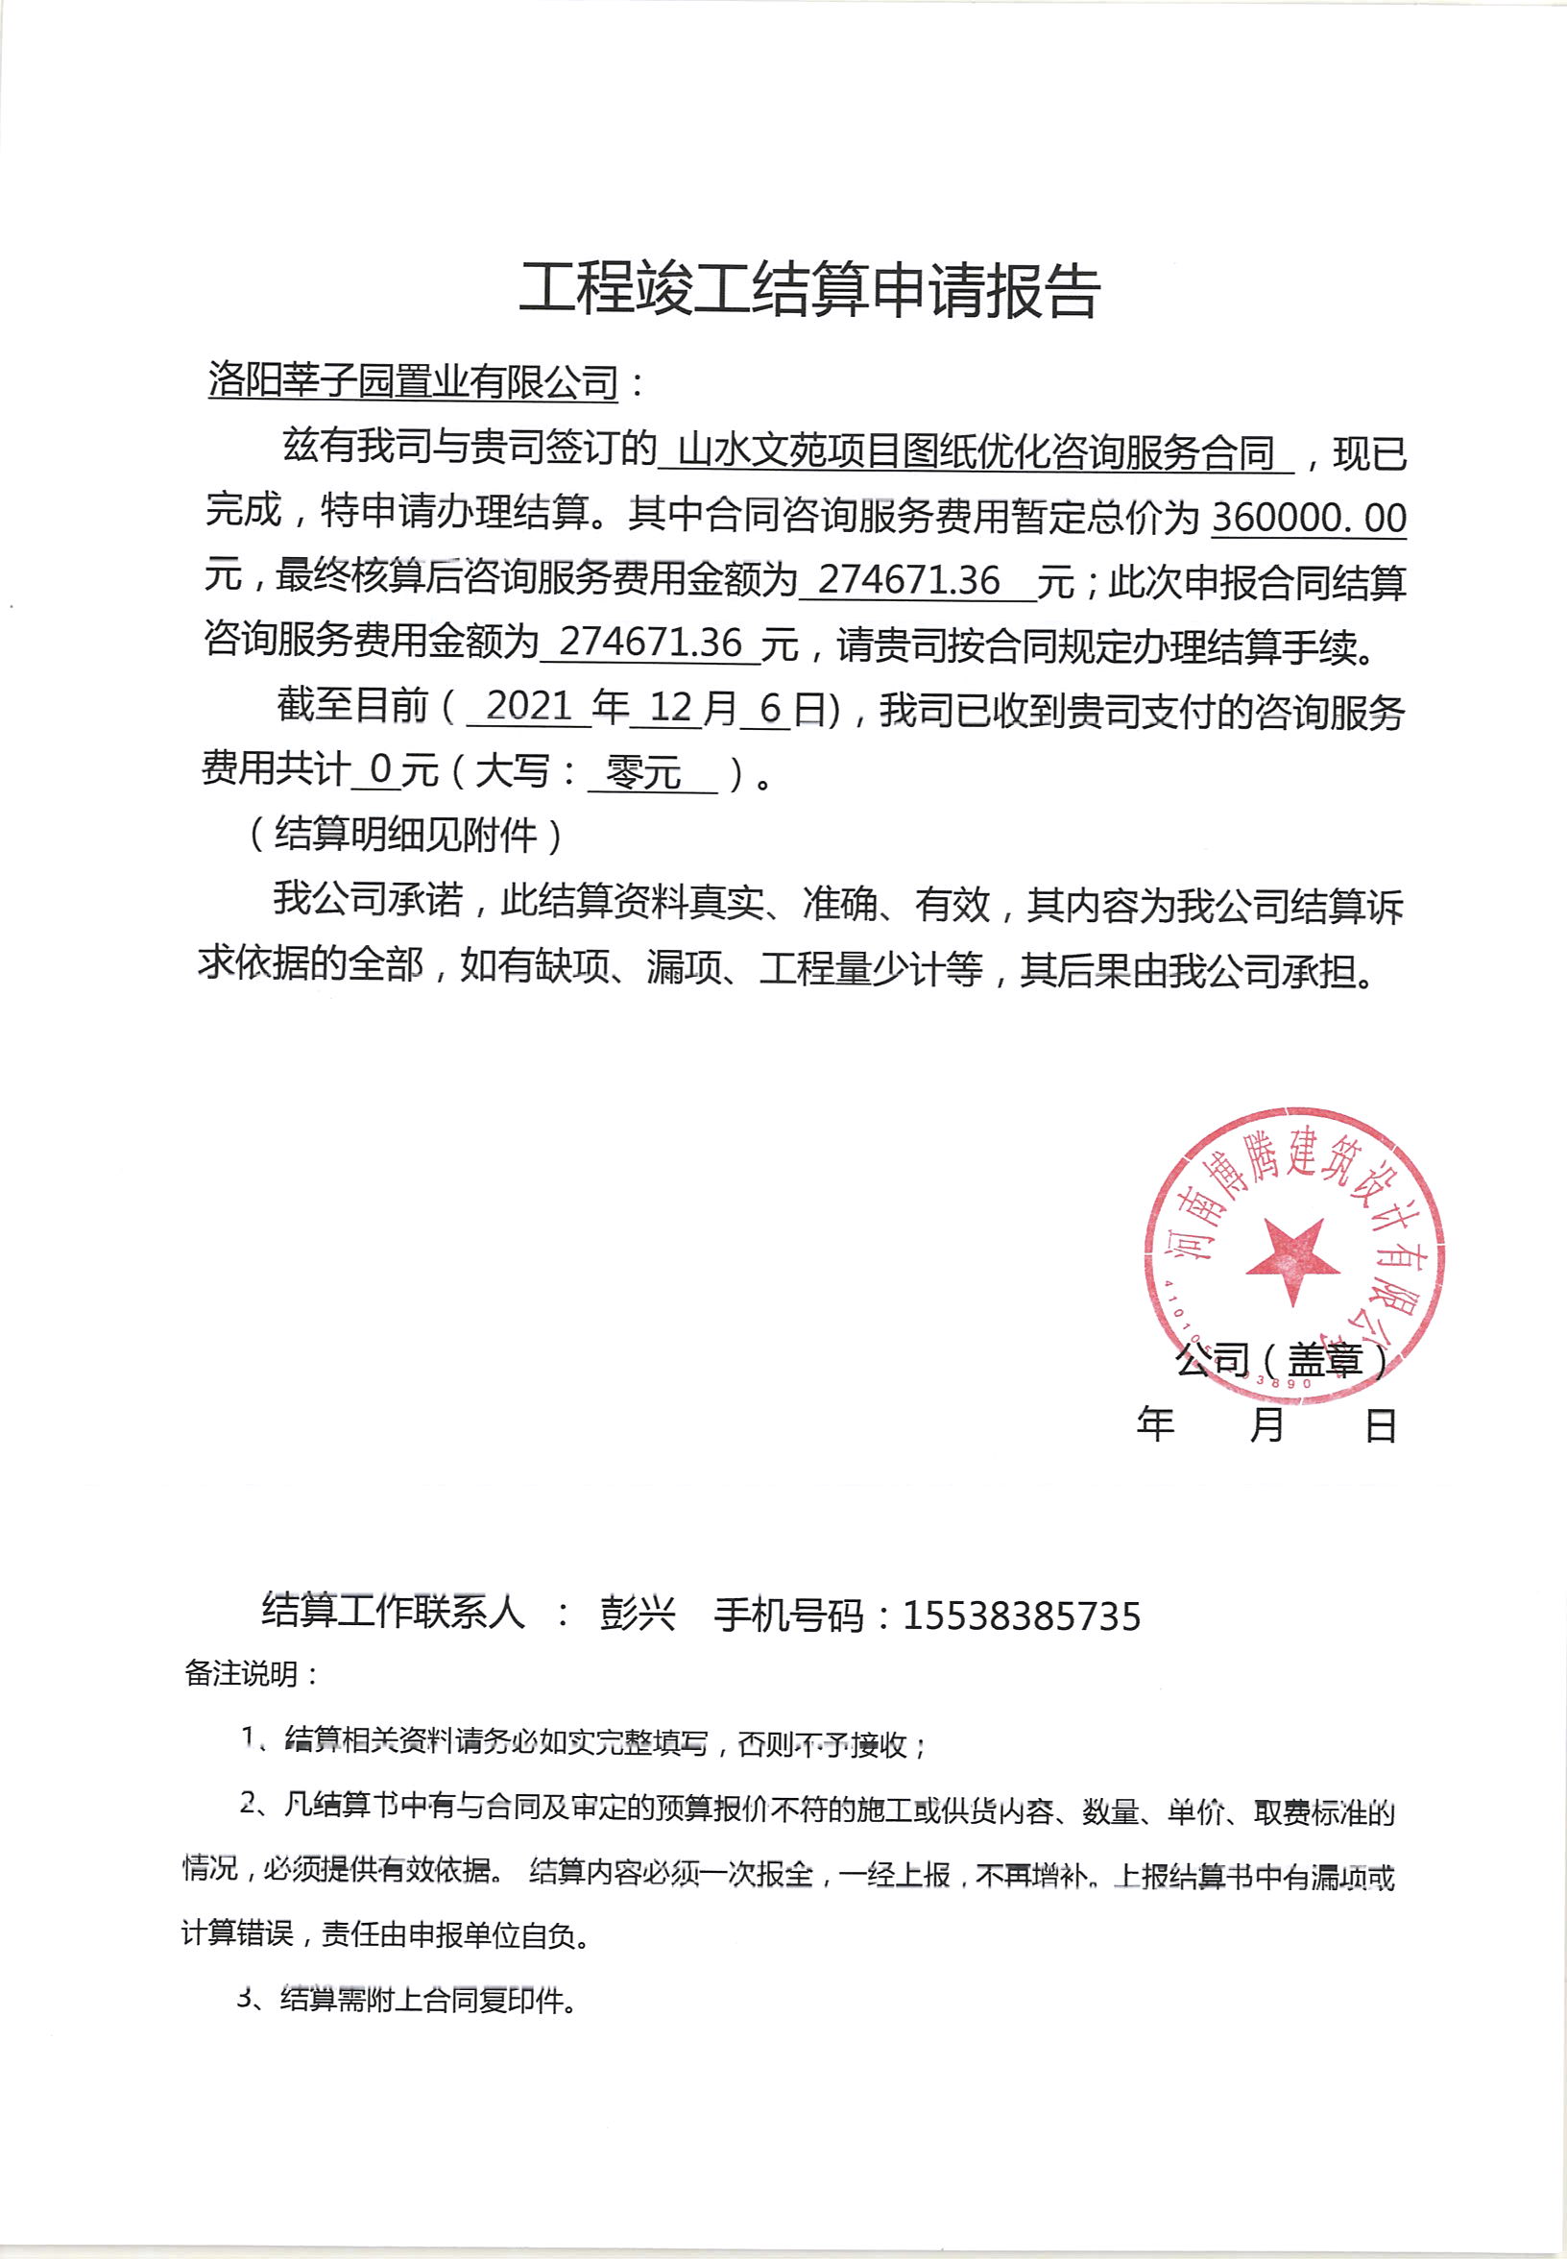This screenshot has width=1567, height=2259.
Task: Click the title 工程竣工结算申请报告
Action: [808, 291]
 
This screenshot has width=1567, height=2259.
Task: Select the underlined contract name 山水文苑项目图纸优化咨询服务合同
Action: [975, 451]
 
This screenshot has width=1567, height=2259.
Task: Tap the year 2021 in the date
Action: [528, 706]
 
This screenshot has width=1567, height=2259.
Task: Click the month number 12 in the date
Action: [670, 707]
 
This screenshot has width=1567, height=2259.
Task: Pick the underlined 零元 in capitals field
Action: [644, 772]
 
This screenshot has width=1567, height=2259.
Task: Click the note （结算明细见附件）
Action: [404, 835]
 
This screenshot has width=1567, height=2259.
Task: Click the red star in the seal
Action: [1293, 1258]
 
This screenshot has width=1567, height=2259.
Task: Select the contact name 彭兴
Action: [639, 1614]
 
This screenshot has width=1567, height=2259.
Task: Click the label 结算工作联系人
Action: [393, 1611]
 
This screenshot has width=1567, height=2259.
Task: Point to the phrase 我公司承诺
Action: [367, 899]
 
